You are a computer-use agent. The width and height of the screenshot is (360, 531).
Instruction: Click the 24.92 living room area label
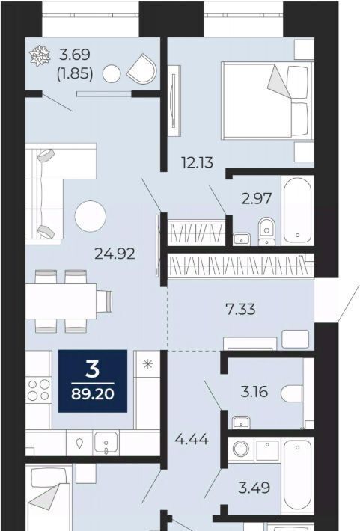coord(115,254)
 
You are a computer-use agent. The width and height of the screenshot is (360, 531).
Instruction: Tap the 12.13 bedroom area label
coord(198,162)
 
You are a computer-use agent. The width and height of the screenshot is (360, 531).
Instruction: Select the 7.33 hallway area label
coord(240,309)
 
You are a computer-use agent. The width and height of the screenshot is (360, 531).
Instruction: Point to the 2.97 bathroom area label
coord(256,198)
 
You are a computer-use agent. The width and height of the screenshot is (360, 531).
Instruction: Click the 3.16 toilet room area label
coord(254,392)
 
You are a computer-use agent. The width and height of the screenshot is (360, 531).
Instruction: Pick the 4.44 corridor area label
coord(192,439)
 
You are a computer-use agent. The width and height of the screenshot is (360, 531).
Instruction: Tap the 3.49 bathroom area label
coord(254,488)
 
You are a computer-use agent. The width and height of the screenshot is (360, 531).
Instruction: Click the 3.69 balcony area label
coord(75,54)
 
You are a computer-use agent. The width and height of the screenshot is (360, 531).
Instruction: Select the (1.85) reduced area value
coord(75,73)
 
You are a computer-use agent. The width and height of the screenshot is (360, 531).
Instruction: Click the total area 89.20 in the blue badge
coord(93,394)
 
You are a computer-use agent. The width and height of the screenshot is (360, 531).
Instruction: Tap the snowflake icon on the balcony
coord(40,55)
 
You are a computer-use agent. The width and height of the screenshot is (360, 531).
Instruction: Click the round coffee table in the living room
coord(90,216)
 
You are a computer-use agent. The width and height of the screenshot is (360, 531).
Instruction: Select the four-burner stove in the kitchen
coord(39,390)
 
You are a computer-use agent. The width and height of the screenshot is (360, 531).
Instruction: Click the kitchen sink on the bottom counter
coord(106,442)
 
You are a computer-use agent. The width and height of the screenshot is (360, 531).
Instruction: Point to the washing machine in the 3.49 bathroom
coord(241,449)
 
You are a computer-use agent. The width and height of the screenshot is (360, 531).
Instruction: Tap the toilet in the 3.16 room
coord(292,393)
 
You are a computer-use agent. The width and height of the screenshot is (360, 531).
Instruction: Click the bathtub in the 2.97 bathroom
coord(297,210)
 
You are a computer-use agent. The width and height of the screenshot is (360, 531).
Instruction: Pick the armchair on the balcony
coord(142,69)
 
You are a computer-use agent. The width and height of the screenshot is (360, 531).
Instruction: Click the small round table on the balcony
coord(112,74)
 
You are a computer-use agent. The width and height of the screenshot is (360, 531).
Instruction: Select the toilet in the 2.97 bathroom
coord(266,231)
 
